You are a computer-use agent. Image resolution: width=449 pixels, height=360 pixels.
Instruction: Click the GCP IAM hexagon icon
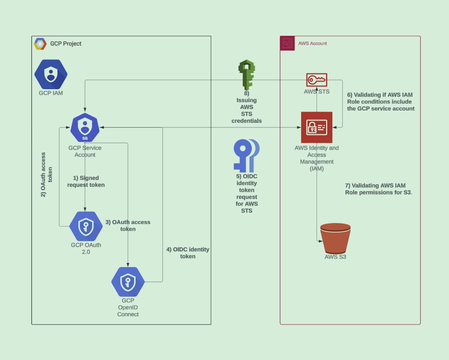pyautogui.click(x=51, y=74)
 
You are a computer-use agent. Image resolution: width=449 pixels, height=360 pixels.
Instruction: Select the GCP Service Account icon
pyautogui.click(x=85, y=127)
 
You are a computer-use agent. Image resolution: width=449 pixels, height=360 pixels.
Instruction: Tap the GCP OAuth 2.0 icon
pyautogui.click(x=86, y=226)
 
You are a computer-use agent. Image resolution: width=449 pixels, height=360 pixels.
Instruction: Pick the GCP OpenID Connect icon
pyautogui.click(x=128, y=282)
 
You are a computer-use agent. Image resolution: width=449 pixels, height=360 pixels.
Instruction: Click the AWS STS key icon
pyautogui.click(x=317, y=80)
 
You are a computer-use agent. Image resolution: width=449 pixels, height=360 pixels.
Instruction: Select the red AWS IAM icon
pyautogui.click(x=317, y=127)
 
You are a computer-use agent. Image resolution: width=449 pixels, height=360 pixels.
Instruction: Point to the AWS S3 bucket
pyautogui.click(x=335, y=238)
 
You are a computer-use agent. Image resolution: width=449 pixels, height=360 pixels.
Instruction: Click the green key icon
pyautogui.click(x=246, y=74)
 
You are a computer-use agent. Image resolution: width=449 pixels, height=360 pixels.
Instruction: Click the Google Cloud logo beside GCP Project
pyautogui.click(x=40, y=44)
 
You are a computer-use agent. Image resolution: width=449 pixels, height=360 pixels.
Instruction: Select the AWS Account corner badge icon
pyautogui.click(x=287, y=43)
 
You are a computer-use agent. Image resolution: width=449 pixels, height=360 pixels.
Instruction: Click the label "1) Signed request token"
pyautogui.click(x=86, y=181)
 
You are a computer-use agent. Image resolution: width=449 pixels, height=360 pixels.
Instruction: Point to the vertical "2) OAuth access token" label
pyautogui.click(x=46, y=174)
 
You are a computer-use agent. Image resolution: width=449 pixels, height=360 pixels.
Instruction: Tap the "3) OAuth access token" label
pyautogui.click(x=128, y=225)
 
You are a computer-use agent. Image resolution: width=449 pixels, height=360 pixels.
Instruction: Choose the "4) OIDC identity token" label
pyautogui.click(x=188, y=253)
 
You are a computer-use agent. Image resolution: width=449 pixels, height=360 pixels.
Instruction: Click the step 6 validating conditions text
pyautogui.click(x=381, y=101)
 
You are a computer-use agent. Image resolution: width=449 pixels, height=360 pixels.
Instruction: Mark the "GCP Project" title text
pyautogui.click(x=66, y=43)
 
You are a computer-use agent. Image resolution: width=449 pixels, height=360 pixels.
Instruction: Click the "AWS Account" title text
pyautogui.click(x=312, y=43)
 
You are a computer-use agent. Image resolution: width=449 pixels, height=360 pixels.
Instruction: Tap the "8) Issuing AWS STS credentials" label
pyautogui.click(x=247, y=107)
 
